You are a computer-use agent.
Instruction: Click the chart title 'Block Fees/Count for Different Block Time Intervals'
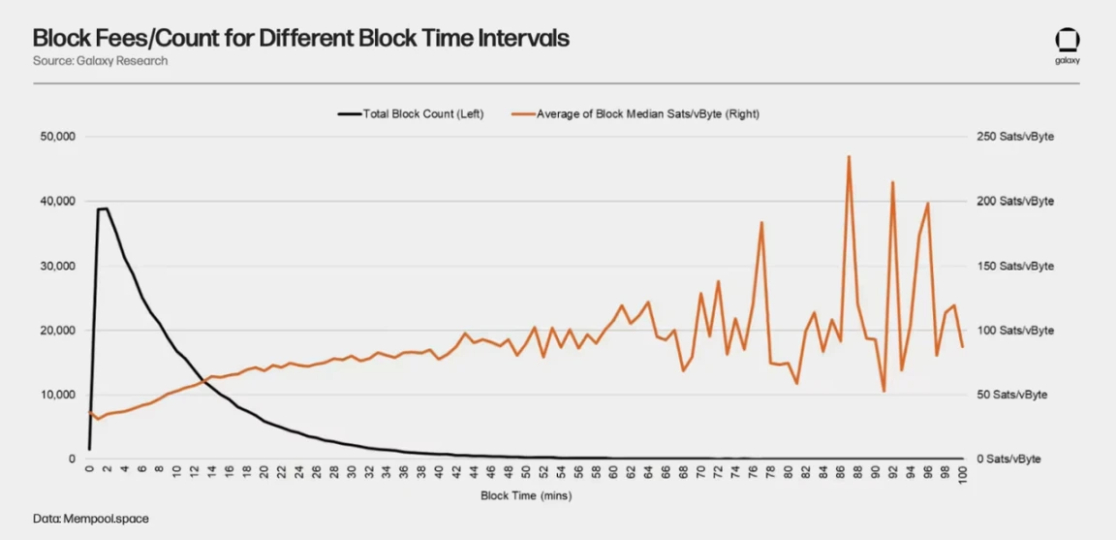[300, 38]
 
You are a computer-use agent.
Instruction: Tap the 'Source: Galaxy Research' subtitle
[100, 61]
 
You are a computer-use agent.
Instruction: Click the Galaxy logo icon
[1068, 41]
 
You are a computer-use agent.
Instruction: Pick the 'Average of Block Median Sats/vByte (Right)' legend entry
[647, 113]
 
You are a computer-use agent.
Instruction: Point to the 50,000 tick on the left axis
[57, 137]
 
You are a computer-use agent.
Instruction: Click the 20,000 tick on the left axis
[57, 331]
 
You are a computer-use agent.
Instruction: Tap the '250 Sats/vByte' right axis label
[1014, 137]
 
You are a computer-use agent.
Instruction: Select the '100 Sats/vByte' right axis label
[1014, 331]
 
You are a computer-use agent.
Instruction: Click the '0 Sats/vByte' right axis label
[1008, 459]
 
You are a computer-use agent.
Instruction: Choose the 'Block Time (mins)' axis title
[526, 496]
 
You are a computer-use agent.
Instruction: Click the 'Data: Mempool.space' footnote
[91, 520]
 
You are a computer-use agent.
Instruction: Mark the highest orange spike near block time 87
[849, 156]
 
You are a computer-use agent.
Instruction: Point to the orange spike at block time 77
[761, 222]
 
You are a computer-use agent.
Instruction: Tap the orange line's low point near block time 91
[883, 391]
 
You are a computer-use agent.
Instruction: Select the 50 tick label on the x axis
[526, 473]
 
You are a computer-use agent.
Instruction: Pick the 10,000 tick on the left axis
[57, 395]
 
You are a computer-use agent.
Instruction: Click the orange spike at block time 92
[892, 182]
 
